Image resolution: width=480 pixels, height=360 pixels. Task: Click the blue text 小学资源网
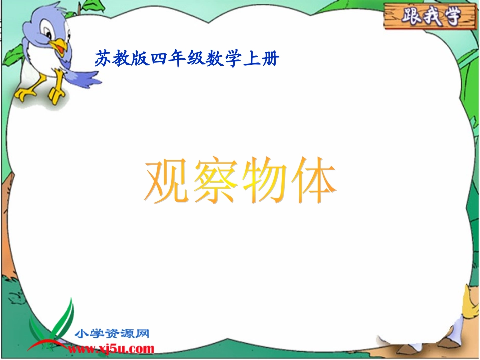(x=112, y=334)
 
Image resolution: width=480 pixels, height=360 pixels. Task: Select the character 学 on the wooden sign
(x=451, y=17)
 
